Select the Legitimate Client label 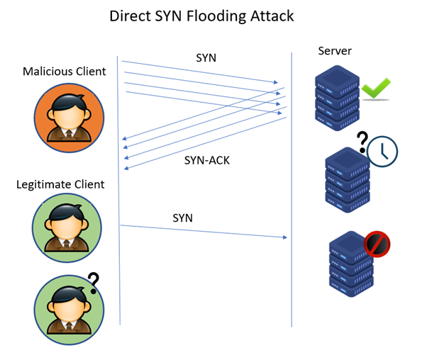coord(60,184)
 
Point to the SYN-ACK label coord(206,160)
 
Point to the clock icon coord(382,150)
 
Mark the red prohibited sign coord(377,245)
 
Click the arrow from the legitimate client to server coord(206,231)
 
